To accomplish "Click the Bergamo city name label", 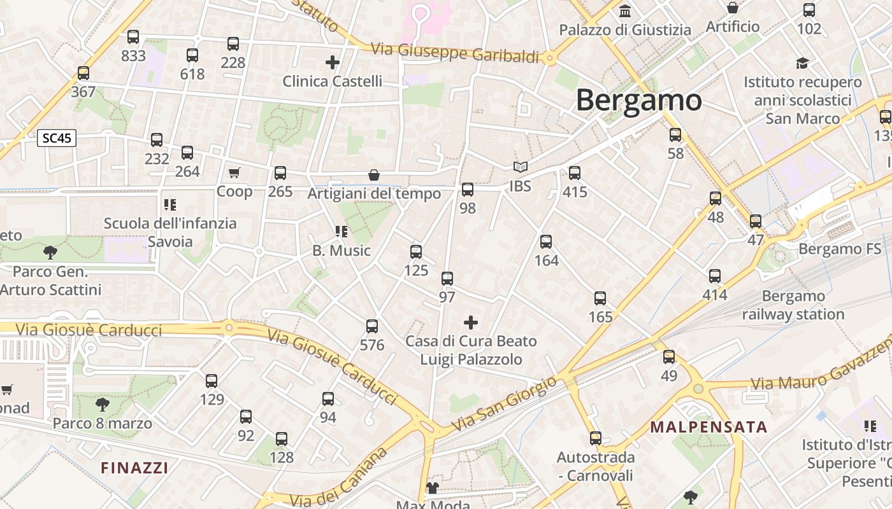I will [x=638, y=101].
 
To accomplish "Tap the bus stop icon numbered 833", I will [x=133, y=37].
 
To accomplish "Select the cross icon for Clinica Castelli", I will [x=332, y=62].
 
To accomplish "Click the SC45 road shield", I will [x=57, y=138].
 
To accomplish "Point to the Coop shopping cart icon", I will [x=234, y=172].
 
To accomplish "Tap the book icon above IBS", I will [x=521, y=167].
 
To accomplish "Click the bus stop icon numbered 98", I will [x=468, y=189].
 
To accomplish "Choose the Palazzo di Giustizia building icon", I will [x=625, y=11].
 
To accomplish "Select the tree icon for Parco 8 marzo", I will [x=102, y=404].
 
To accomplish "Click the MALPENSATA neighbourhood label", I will [x=709, y=427].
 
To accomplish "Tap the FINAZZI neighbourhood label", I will [x=134, y=468].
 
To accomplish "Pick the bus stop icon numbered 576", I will [x=372, y=326].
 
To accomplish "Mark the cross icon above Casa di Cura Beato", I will [x=471, y=323].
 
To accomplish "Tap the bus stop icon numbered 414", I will [x=715, y=276].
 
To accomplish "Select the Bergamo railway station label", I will [x=793, y=305].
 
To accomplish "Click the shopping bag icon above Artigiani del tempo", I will [x=374, y=175].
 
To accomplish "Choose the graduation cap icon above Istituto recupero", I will [x=802, y=63].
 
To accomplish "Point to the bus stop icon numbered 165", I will [x=600, y=298].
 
